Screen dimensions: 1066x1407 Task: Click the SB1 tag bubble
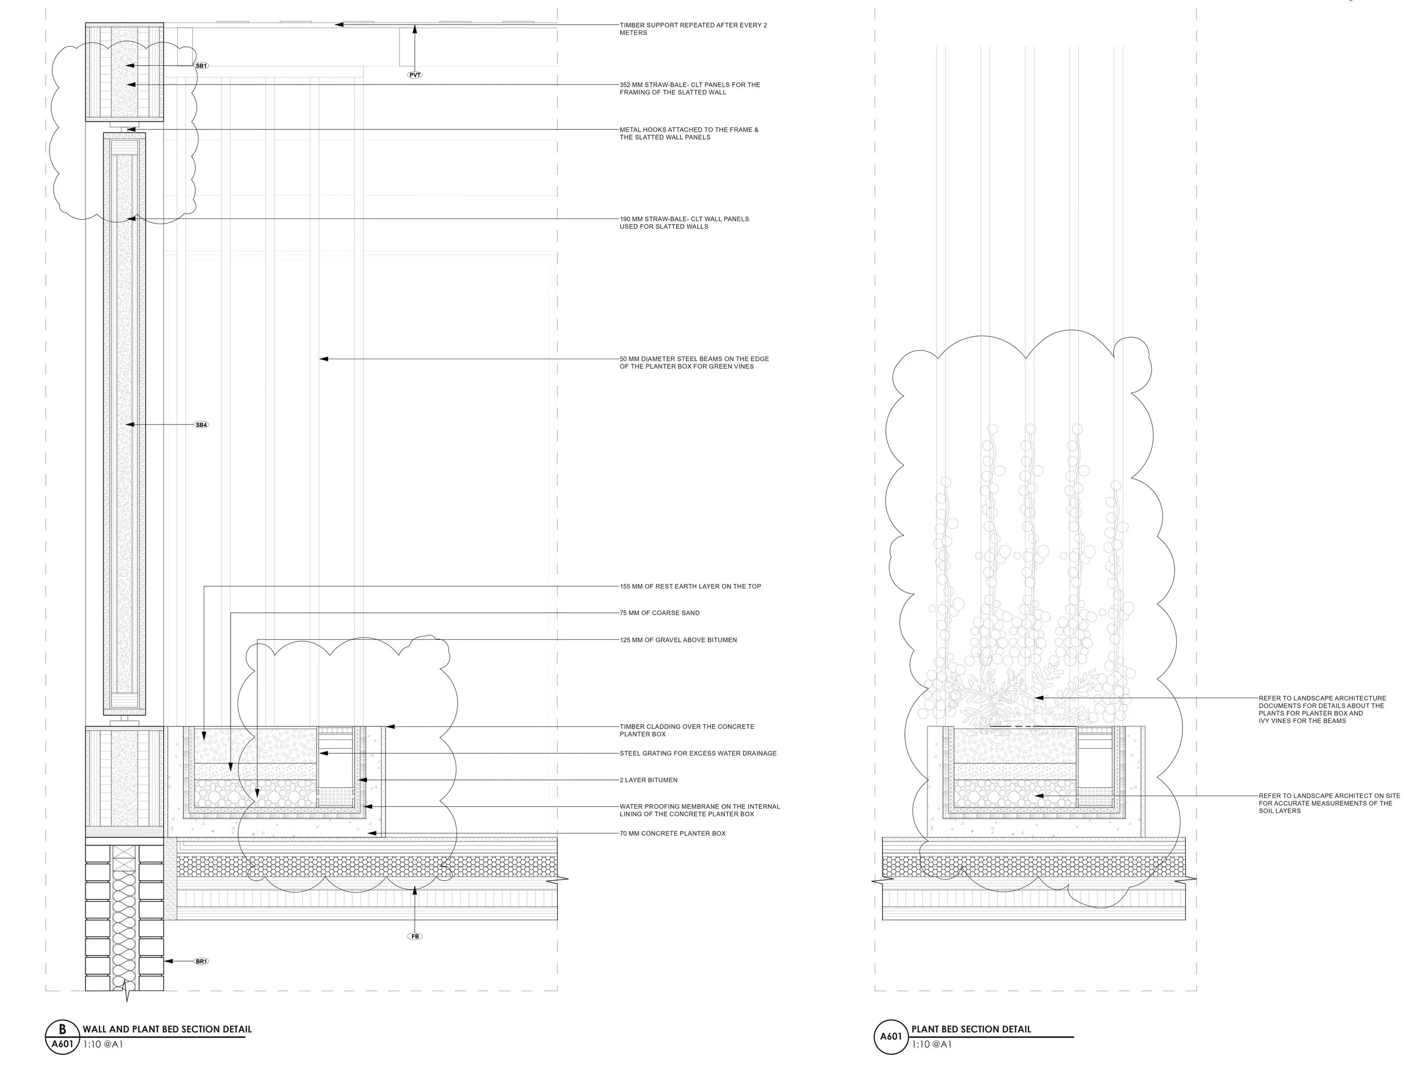point(201,65)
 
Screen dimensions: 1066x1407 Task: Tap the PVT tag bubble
point(415,75)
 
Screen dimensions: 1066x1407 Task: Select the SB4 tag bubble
point(201,425)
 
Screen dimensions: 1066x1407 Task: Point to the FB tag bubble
point(415,936)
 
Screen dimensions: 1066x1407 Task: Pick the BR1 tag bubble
point(201,961)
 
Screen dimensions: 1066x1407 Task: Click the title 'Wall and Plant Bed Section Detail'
point(167,1029)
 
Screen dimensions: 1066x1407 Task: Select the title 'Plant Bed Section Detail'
point(971,1029)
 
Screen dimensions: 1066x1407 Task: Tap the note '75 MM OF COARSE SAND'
point(660,613)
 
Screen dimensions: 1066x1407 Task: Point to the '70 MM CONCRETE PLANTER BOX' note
point(673,833)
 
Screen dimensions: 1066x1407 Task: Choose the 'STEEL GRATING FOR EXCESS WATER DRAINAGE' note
point(698,753)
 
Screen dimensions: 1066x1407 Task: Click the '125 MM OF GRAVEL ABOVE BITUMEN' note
point(678,640)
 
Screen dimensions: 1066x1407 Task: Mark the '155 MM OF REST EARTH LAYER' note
point(690,586)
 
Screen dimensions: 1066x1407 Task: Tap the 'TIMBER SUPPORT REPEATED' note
point(693,29)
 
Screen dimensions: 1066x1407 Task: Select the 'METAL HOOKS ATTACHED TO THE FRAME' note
point(689,133)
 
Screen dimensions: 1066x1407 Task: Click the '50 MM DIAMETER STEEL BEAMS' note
point(694,362)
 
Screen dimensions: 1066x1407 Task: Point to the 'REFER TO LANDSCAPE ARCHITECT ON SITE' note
point(1329,803)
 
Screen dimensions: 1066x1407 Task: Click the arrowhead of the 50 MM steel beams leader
point(322,359)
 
